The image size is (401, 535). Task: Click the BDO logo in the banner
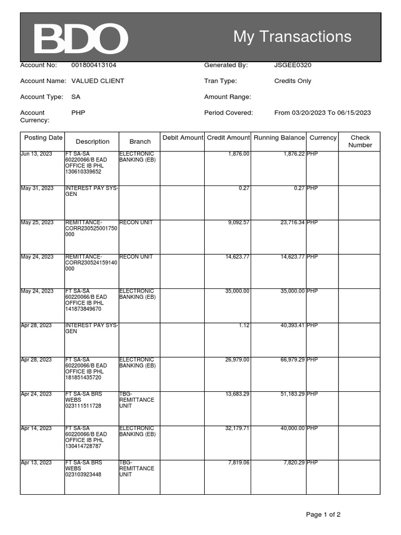tap(81, 39)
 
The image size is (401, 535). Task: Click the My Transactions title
tap(292, 37)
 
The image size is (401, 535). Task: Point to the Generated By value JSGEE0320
tap(292, 65)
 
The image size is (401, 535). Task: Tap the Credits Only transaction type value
tap(292, 81)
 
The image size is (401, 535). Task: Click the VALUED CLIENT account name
tap(98, 81)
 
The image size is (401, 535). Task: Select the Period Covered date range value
tap(322, 112)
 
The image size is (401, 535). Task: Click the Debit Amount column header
tap(182, 137)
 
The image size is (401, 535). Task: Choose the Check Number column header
tap(360, 141)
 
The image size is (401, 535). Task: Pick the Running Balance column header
tap(279, 137)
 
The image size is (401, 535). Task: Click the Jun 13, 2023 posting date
tap(37, 154)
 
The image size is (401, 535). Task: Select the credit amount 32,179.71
tap(237, 428)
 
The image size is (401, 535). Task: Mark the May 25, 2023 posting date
tap(37, 223)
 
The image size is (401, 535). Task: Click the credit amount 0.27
tap(244, 188)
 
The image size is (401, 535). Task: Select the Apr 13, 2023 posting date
tap(37, 463)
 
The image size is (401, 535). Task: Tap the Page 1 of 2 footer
tap(323, 515)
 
